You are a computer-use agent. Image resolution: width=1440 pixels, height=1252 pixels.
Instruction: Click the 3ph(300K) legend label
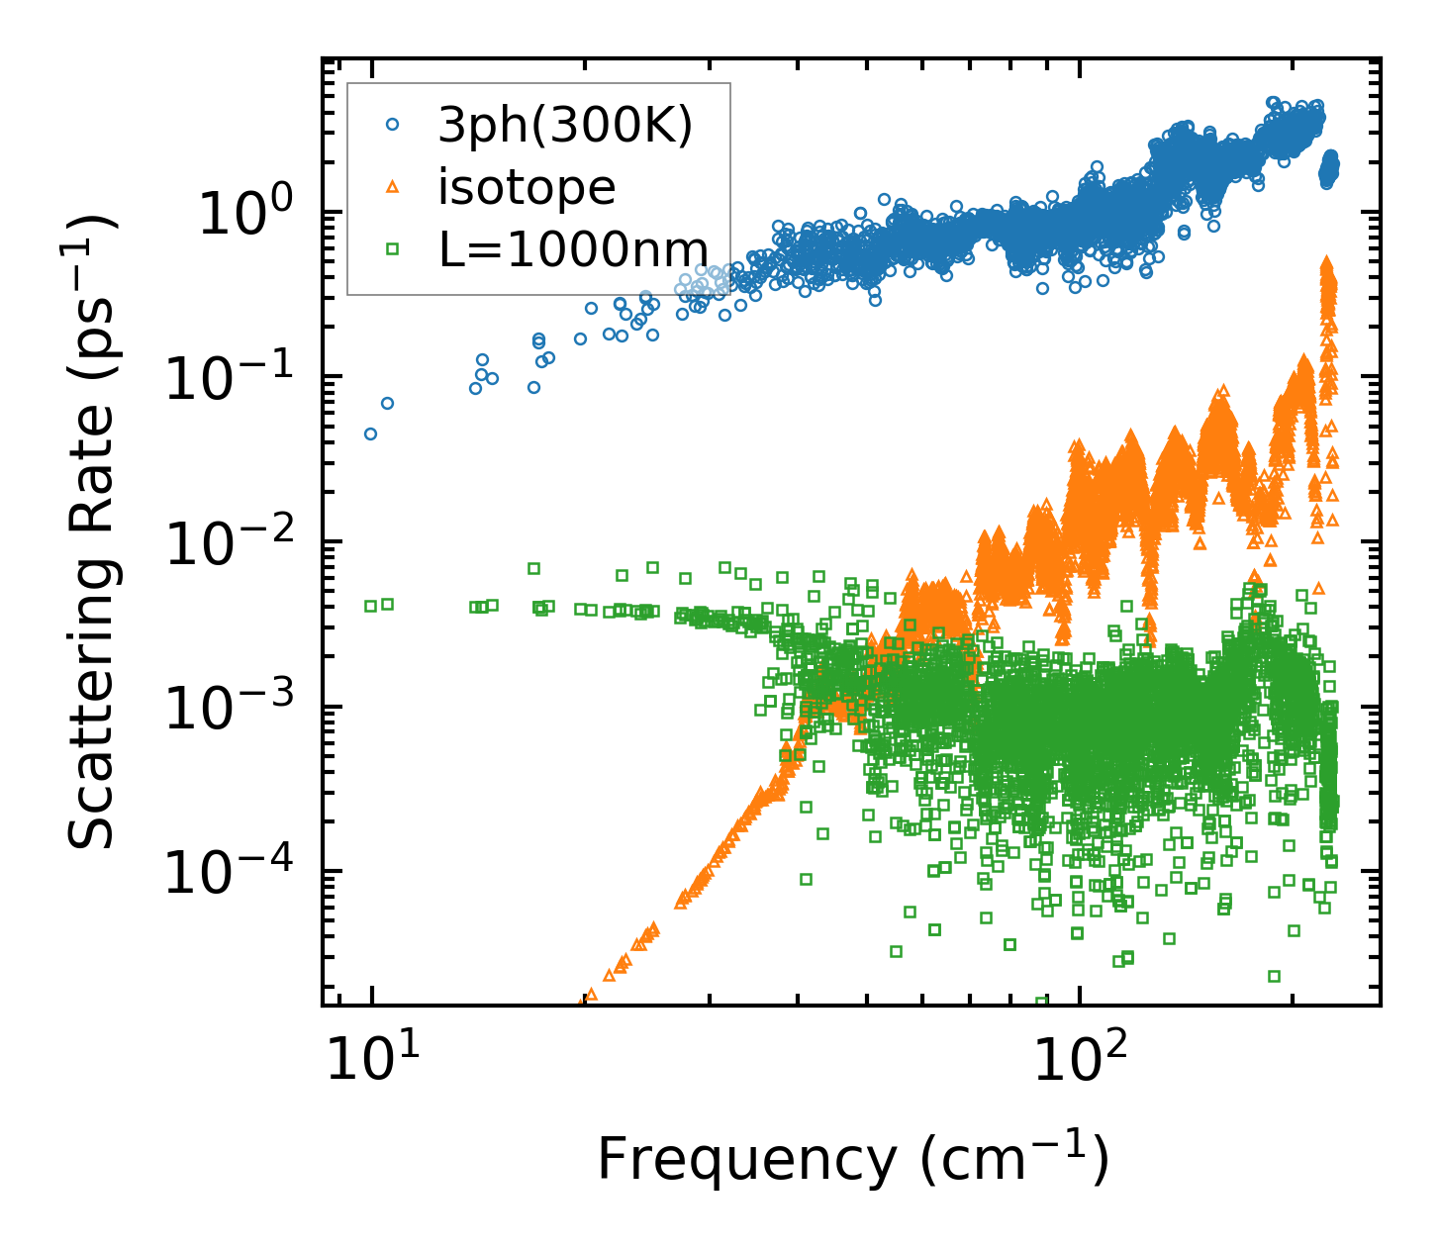click(566, 126)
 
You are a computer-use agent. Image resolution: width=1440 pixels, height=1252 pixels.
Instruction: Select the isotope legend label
click(527, 187)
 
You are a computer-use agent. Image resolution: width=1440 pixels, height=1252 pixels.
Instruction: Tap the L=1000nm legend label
click(573, 249)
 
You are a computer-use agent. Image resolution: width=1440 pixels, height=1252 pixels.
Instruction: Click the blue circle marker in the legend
click(392, 126)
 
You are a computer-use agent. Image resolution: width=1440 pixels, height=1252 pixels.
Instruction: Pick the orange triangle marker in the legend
click(392, 187)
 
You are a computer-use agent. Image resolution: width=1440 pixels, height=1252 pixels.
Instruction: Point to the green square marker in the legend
click(392, 249)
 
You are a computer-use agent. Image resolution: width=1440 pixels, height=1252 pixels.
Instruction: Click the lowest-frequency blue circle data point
click(370, 433)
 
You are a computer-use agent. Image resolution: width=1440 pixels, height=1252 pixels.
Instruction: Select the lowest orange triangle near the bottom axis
click(591, 995)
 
